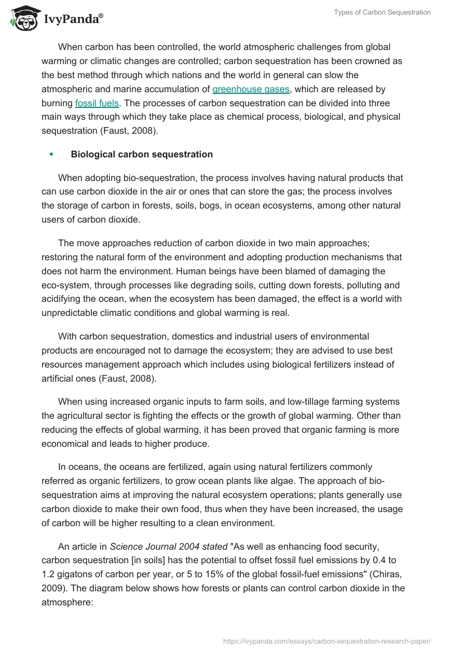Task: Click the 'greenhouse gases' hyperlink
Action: [x=251, y=89]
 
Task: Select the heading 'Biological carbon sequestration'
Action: [x=141, y=154]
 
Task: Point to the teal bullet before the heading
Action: [x=52, y=154]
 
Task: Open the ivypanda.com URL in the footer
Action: [x=327, y=640]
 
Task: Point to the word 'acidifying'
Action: [x=62, y=299]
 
